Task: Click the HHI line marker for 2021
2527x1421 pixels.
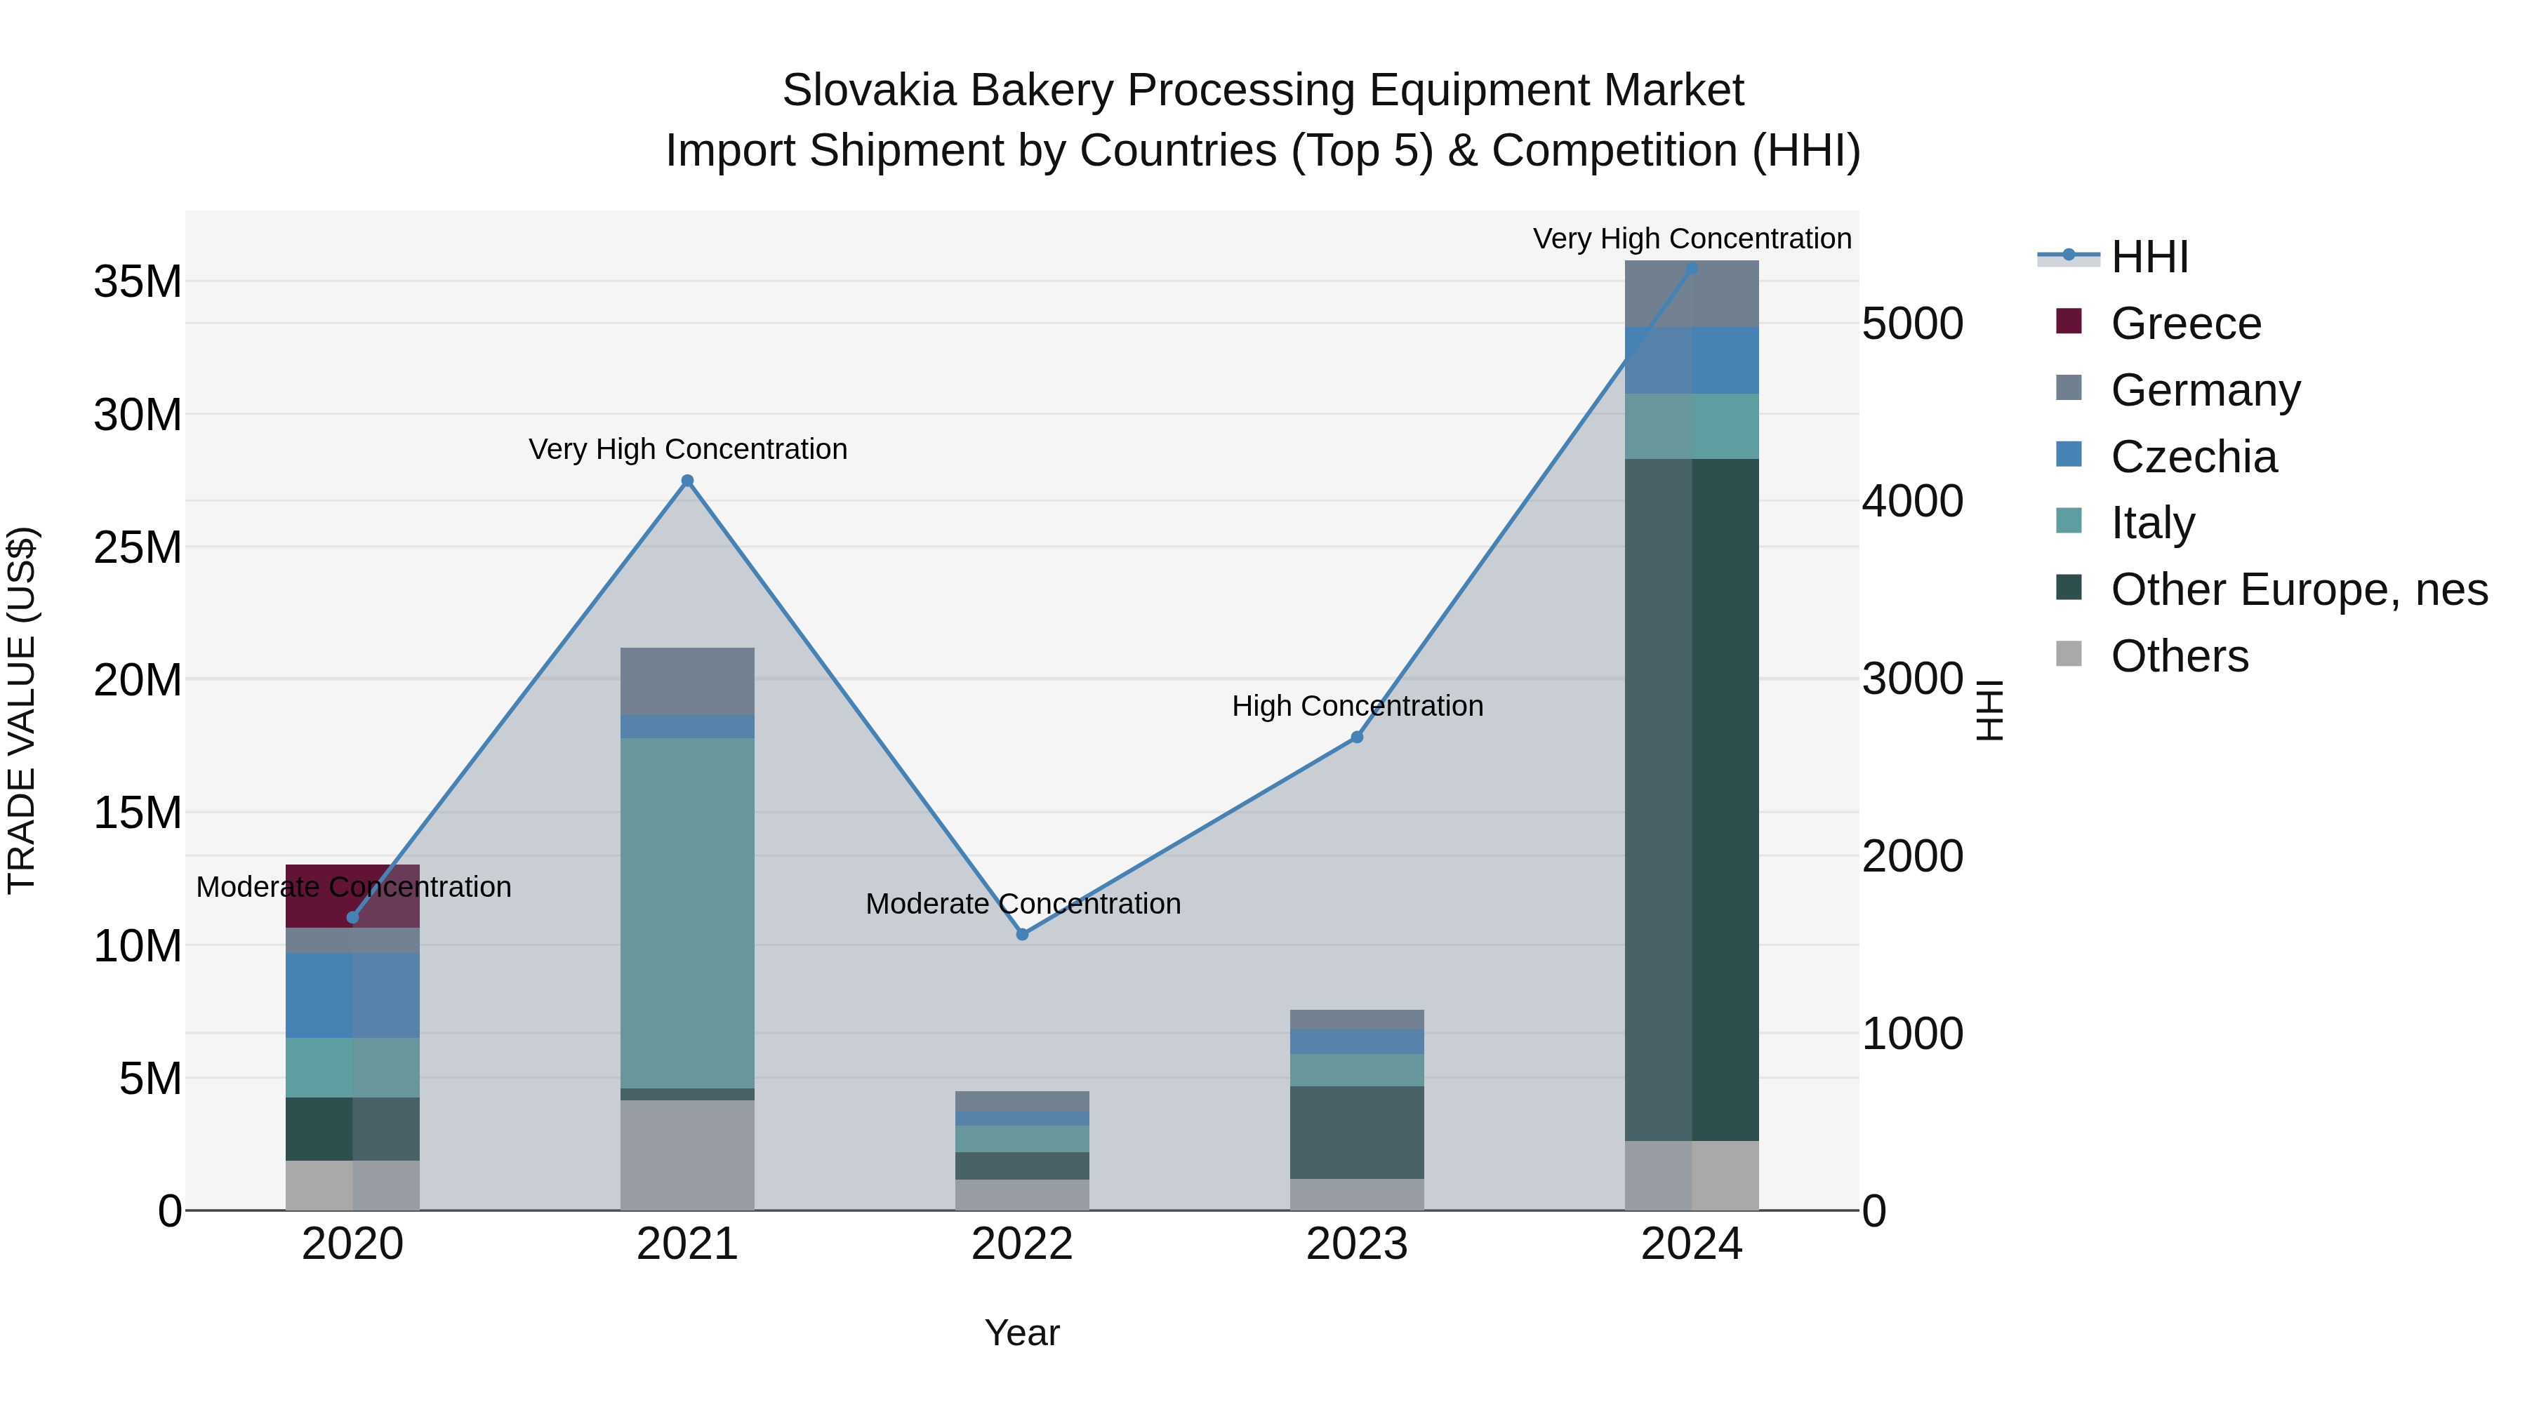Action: pos(688,481)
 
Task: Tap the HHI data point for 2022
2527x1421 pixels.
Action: pos(1022,935)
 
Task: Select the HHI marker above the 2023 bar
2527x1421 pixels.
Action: pos(1357,738)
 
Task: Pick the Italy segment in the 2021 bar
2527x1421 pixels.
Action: pos(688,912)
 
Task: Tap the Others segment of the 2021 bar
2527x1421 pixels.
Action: pos(688,1154)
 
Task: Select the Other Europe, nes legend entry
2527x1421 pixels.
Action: pos(2297,589)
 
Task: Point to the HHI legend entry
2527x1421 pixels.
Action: pos(2149,257)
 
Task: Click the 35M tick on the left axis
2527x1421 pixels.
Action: pos(138,282)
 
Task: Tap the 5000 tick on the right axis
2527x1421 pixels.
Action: pos(1912,325)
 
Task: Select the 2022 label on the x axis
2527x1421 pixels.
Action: pos(1022,1244)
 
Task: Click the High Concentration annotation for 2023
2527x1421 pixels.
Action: pos(1357,706)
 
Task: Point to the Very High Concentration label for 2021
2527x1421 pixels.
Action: pos(688,449)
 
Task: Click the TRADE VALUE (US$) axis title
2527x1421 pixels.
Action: pos(22,710)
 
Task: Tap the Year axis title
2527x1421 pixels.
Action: pos(1022,1333)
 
